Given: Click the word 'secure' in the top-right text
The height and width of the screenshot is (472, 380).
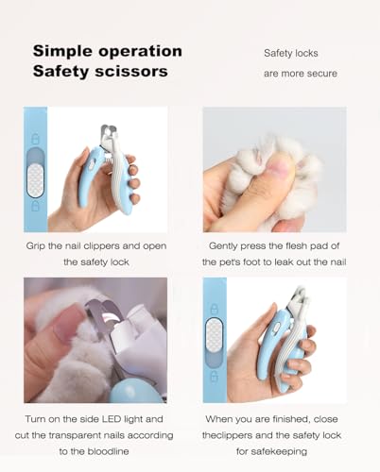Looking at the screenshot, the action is [322, 74].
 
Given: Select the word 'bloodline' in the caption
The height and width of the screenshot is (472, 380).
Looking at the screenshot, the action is [108, 451].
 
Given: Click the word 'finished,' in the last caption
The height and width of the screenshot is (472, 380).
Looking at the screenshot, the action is [289, 419].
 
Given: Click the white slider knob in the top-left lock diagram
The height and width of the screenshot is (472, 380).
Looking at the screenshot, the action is [35, 180].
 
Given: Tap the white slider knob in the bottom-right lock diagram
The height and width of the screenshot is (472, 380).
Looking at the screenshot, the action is [214, 334].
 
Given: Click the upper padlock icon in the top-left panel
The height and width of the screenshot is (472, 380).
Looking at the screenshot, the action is [36, 139].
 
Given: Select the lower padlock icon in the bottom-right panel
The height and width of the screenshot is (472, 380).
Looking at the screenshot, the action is [215, 376].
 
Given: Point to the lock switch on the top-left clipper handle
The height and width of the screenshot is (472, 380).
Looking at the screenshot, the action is [92, 164].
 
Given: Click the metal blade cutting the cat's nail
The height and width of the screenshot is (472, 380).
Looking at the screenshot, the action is [102, 318].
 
